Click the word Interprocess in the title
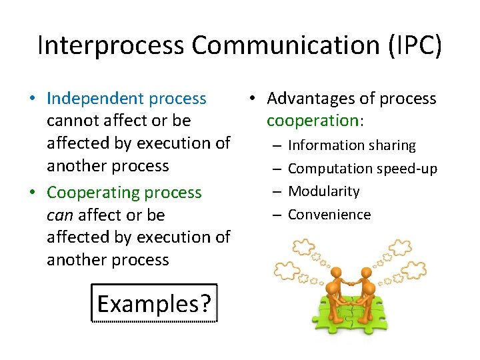click(x=111, y=45)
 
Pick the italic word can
click(x=60, y=215)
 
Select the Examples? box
click(x=154, y=304)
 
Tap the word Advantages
click(x=312, y=99)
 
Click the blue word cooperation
click(x=312, y=121)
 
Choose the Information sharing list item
click(x=351, y=145)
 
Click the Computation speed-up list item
click(x=362, y=169)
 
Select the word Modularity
click(x=323, y=191)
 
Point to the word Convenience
click(x=329, y=215)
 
